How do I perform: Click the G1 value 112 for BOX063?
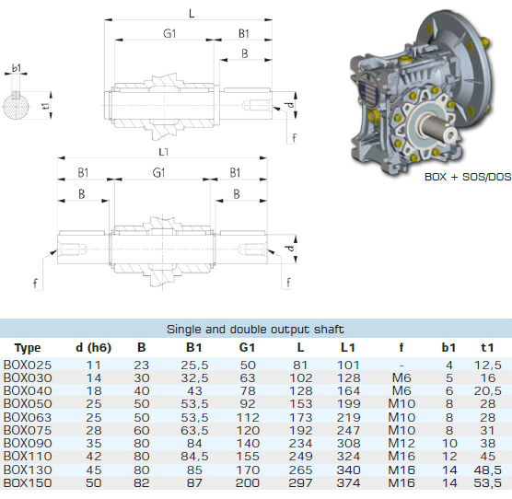pyautogui.click(x=247, y=417)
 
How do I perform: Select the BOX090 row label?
pyautogui.click(x=28, y=443)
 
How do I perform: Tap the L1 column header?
pyautogui.click(x=348, y=348)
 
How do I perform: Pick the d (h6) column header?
pyautogui.click(x=93, y=348)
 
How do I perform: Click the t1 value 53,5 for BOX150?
pyautogui.click(x=487, y=482)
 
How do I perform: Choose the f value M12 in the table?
pyautogui.click(x=401, y=443)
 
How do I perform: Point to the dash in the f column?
pyautogui.click(x=401, y=366)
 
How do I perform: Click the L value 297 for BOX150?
pyautogui.click(x=300, y=482)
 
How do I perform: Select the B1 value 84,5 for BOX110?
pyautogui.click(x=194, y=457)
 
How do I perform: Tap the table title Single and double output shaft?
pyautogui.click(x=255, y=329)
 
